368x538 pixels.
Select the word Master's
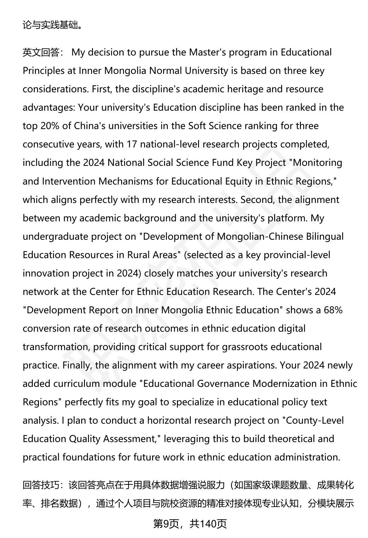pos(207,52)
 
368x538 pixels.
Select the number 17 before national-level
pos(131,144)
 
